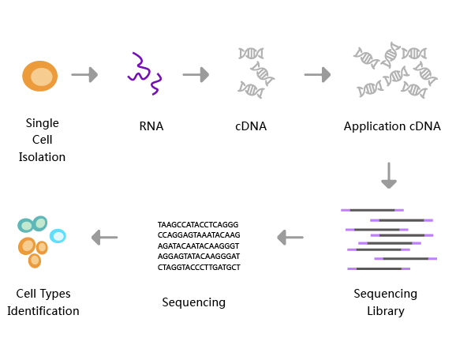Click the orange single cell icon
click(x=40, y=76)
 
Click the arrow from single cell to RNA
click(x=84, y=75)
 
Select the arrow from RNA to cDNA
click(x=196, y=75)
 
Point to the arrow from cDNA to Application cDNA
click(x=318, y=75)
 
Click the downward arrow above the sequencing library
click(x=389, y=175)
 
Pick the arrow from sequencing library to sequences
click(x=290, y=237)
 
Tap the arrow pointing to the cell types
click(x=105, y=237)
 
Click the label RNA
click(x=151, y=126)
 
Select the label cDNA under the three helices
click(x=251, y=126)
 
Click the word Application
click(x=375, y=127)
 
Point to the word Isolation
click(x=42, y=157)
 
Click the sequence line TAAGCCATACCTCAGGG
click(x=198, y=225)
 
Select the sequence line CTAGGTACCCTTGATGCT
click(x=199, y=267)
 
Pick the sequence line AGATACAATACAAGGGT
click(x=198, y=246)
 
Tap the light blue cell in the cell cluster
click(x=58, y=236)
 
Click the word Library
click(x=386, y=311)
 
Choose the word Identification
click(x=43, y=311)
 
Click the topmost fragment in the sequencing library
click(x=372, y=210)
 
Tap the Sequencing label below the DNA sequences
click(x=194, y=302)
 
